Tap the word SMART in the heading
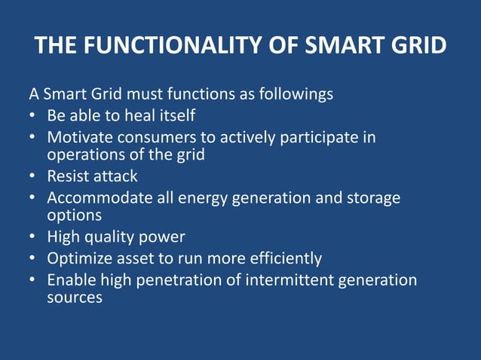[x=339, y=47]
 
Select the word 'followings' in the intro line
[x=296, y=96]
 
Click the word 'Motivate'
[x=78, y=138]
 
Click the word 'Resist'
[x=67, y=177]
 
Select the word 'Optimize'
[x=78, y=258]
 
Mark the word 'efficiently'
[x=283, y=258]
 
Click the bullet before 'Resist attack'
[x=33, y=178]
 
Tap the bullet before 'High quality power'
[x=33, y=237]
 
